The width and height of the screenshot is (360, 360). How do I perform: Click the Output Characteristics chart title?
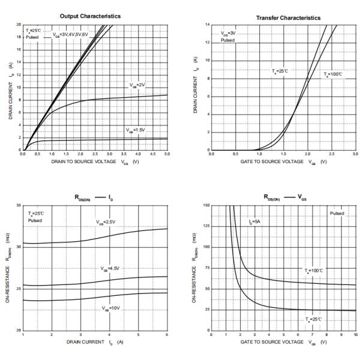click(94, 16)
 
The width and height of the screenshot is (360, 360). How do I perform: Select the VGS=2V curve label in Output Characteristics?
click(137, 85)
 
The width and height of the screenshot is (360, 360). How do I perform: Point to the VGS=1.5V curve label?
click(136, 130)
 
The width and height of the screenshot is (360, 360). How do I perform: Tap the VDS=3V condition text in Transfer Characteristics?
click(228, 34)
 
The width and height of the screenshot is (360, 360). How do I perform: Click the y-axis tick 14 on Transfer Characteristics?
click(207, 25)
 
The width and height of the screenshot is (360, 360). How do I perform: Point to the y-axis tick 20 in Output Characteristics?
click(19, 25)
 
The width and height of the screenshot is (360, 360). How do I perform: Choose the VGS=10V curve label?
click(111, 308)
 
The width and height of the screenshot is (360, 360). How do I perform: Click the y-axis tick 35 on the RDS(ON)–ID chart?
click(19, 206)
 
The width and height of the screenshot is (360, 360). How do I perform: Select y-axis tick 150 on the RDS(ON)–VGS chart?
click(206, 206)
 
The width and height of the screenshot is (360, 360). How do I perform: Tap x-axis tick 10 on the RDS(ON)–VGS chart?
click(356, 335)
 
